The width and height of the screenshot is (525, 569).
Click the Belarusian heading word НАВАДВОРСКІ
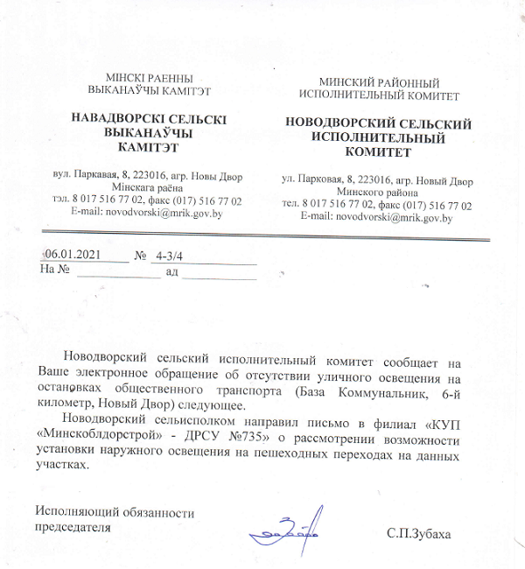[x=123, y=117]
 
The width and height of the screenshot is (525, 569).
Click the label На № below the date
[x=54, y=270]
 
